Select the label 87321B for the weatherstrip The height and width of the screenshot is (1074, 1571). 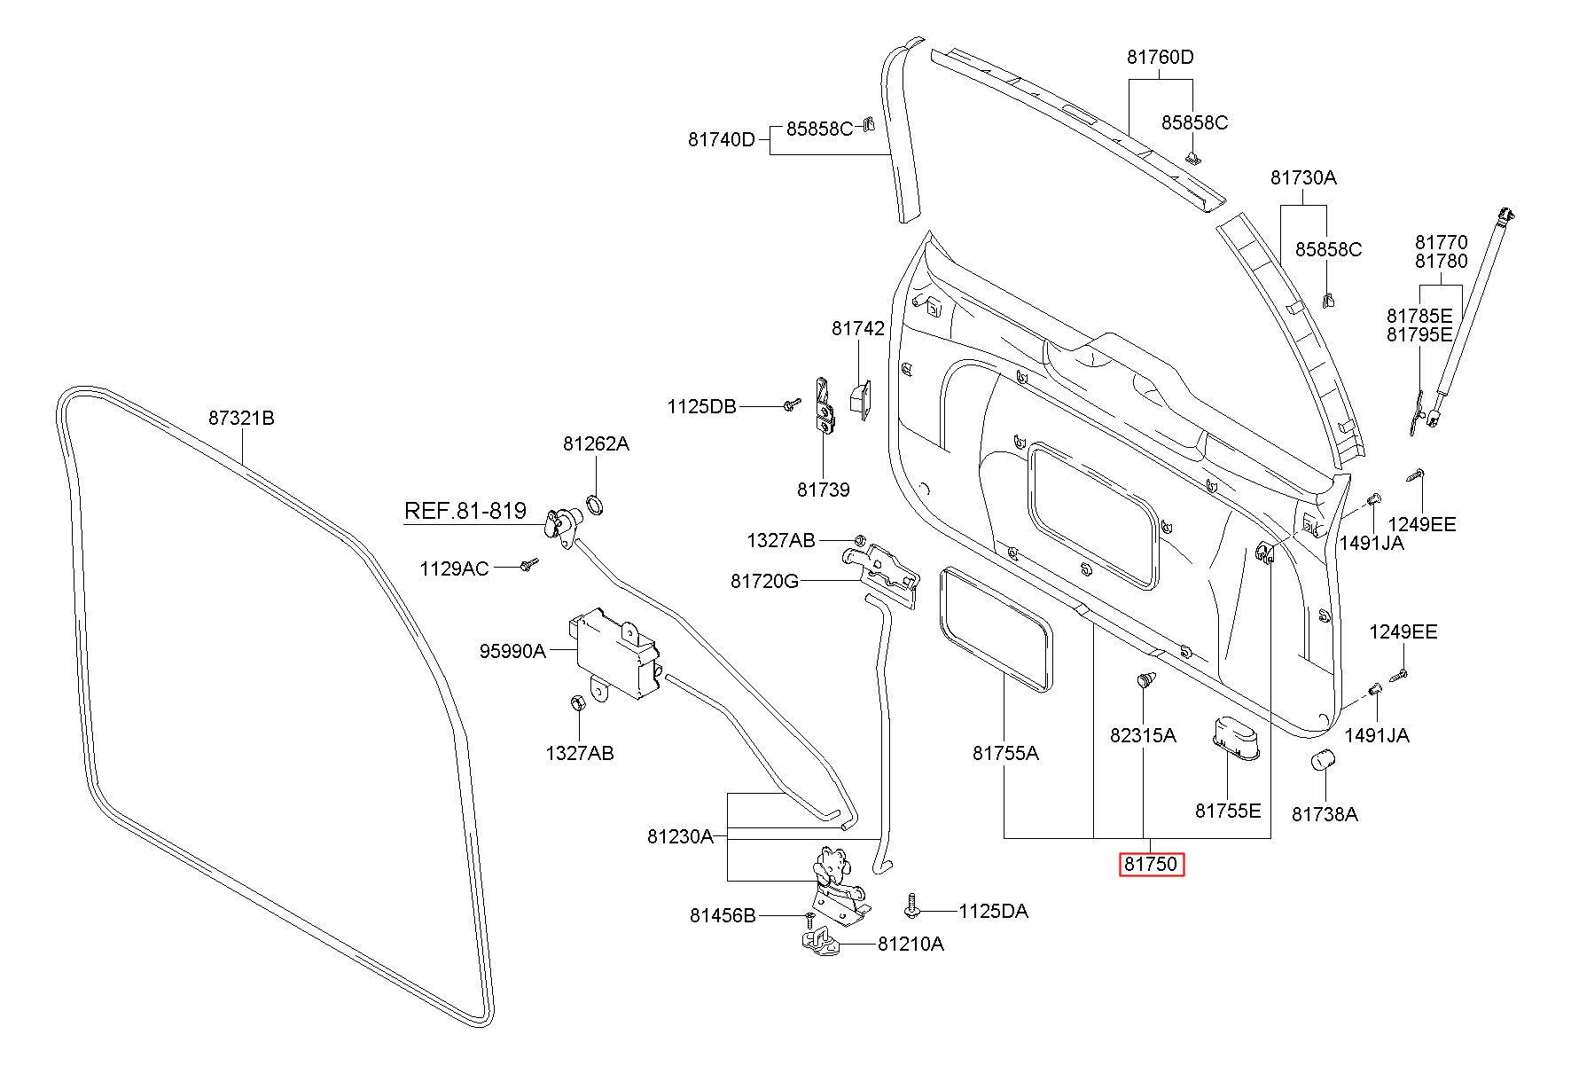point(242,417)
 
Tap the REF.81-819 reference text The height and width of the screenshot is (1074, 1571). point(465,511)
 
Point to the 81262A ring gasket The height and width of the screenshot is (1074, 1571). point(597,506)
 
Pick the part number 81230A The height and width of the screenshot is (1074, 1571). point(680,836)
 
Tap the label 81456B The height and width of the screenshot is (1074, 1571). point(723,915)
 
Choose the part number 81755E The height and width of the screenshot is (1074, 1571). point(1228,811)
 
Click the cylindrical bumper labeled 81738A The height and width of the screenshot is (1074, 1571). point(1324,761)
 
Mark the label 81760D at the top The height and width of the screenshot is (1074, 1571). point(1161,58)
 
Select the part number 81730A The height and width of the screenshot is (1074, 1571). point(1303,177)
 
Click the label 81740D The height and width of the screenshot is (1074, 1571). point(722,139)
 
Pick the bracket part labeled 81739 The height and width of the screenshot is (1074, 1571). point(825,406)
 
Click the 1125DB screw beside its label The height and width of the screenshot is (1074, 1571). point(789,405)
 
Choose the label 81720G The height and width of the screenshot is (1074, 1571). point(765,581)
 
